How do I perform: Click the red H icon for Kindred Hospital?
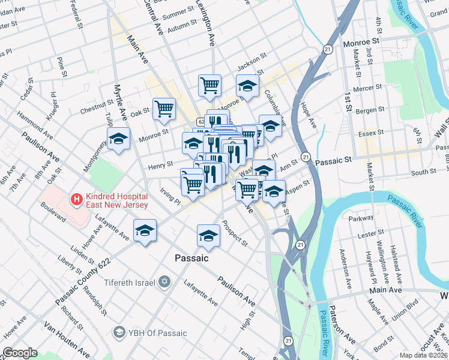(76, 198)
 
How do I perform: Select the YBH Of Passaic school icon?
(119, 332)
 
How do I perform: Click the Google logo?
(20, 353)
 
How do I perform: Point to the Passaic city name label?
(191, 258)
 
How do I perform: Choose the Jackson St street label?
(251, 61)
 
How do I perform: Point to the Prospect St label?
(235, 234)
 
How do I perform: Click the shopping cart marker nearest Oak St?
(164, 109)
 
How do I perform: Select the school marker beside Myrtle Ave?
(118, 139)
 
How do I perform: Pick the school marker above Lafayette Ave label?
(145, 231)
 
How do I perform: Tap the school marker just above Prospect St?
(208, 235)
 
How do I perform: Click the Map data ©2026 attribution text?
(425, 355)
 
